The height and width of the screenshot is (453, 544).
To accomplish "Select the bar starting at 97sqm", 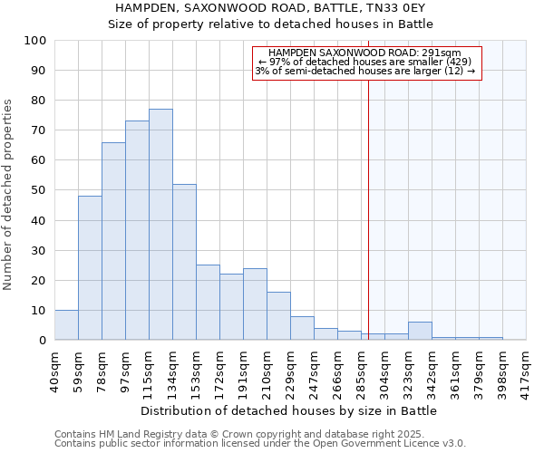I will (x=137, y=230).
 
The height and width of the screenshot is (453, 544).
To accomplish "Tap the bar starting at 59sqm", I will (x=90, y=268).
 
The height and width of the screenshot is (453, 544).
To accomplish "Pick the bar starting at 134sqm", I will (x=184, y=262).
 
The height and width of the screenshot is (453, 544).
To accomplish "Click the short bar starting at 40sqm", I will (x=66, y=325).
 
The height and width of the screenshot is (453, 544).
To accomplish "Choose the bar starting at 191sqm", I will (x=255, y=304).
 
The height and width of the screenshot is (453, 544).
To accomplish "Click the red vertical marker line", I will (x=368, y=199).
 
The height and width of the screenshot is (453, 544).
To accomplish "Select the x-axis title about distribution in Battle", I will (x=289, y=411).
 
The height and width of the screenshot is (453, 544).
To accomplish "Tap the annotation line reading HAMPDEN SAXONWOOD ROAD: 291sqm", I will (x=365, y=53).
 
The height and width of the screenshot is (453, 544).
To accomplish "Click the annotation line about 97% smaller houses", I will (x=365, y=62).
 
